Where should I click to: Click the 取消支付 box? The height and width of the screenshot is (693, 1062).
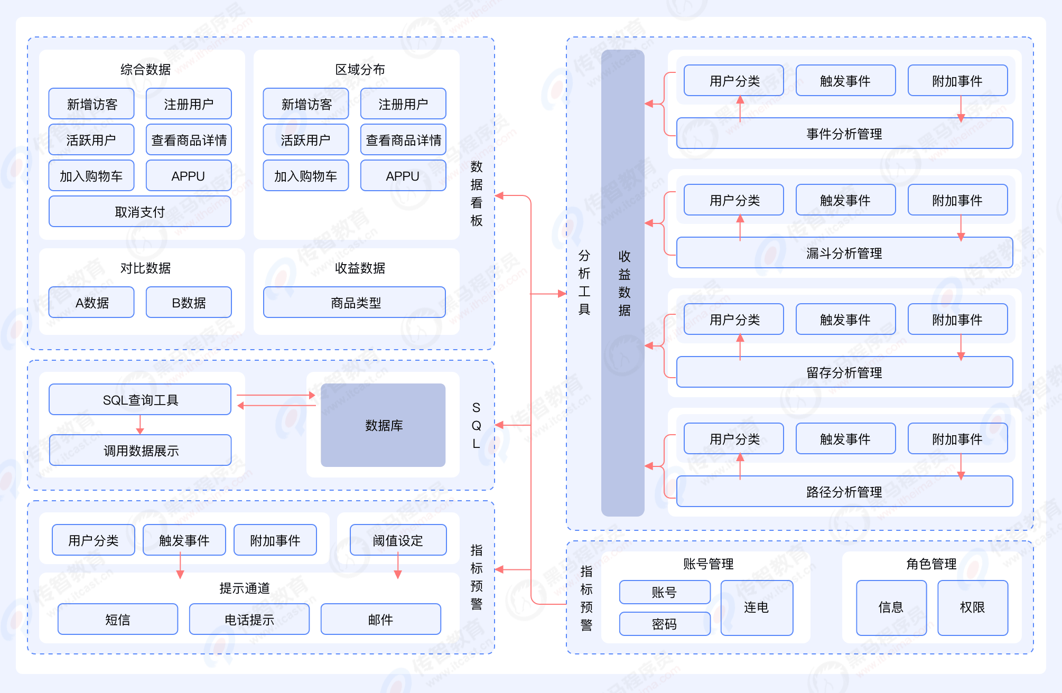pyautogui.click(x=140, y=212)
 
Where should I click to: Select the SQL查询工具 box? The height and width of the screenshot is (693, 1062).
pyautogui.click(x=140, y=400)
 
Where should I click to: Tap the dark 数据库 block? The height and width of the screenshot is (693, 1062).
pyautogui.click(x=383, y=425)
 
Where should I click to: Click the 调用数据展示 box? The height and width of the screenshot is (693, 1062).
pyautogui.click(x=140, y=451)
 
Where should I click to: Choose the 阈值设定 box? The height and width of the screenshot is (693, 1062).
pyautogui.click(x=398, y=540)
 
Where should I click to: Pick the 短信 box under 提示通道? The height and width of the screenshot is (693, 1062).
pyautogui.click(x=117, y=620)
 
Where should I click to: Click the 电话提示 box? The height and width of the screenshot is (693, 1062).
pyautogui.click(x=249, y=620)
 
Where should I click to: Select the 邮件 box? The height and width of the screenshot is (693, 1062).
pyautogui.click(x=380, y=620)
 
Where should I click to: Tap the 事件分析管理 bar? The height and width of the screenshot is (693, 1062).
pyautogui.click(x=844, y=134)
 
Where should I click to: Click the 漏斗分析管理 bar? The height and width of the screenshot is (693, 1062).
pyautogui.click(x=844, y=253)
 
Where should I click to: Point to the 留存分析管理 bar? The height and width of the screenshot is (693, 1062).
pyautogui.click(x=844, y=372)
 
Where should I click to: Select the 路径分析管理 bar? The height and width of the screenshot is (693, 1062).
pyautogui.click(x=844, y=492)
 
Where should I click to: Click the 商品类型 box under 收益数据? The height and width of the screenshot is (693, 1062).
pyautogui.click(x=355, y=303)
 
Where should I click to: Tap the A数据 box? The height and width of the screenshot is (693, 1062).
pyautogui.click(x=91, y=303)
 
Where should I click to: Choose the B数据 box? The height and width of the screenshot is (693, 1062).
pyautogui.click(x=189, y=303)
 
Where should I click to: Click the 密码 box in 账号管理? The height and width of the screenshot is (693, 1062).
pyautogui.click(x=664, y=624)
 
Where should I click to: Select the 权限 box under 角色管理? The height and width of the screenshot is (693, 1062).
pyautogui.click(x=972, y=607)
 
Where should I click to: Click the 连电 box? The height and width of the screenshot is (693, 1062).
pyautogui.click(x=756, y=607)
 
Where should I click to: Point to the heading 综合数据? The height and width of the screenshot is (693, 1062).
pyautogui.click(x=145, y=69)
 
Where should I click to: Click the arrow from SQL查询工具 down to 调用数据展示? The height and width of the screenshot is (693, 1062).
pyautogui.click(x=140, y=424)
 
